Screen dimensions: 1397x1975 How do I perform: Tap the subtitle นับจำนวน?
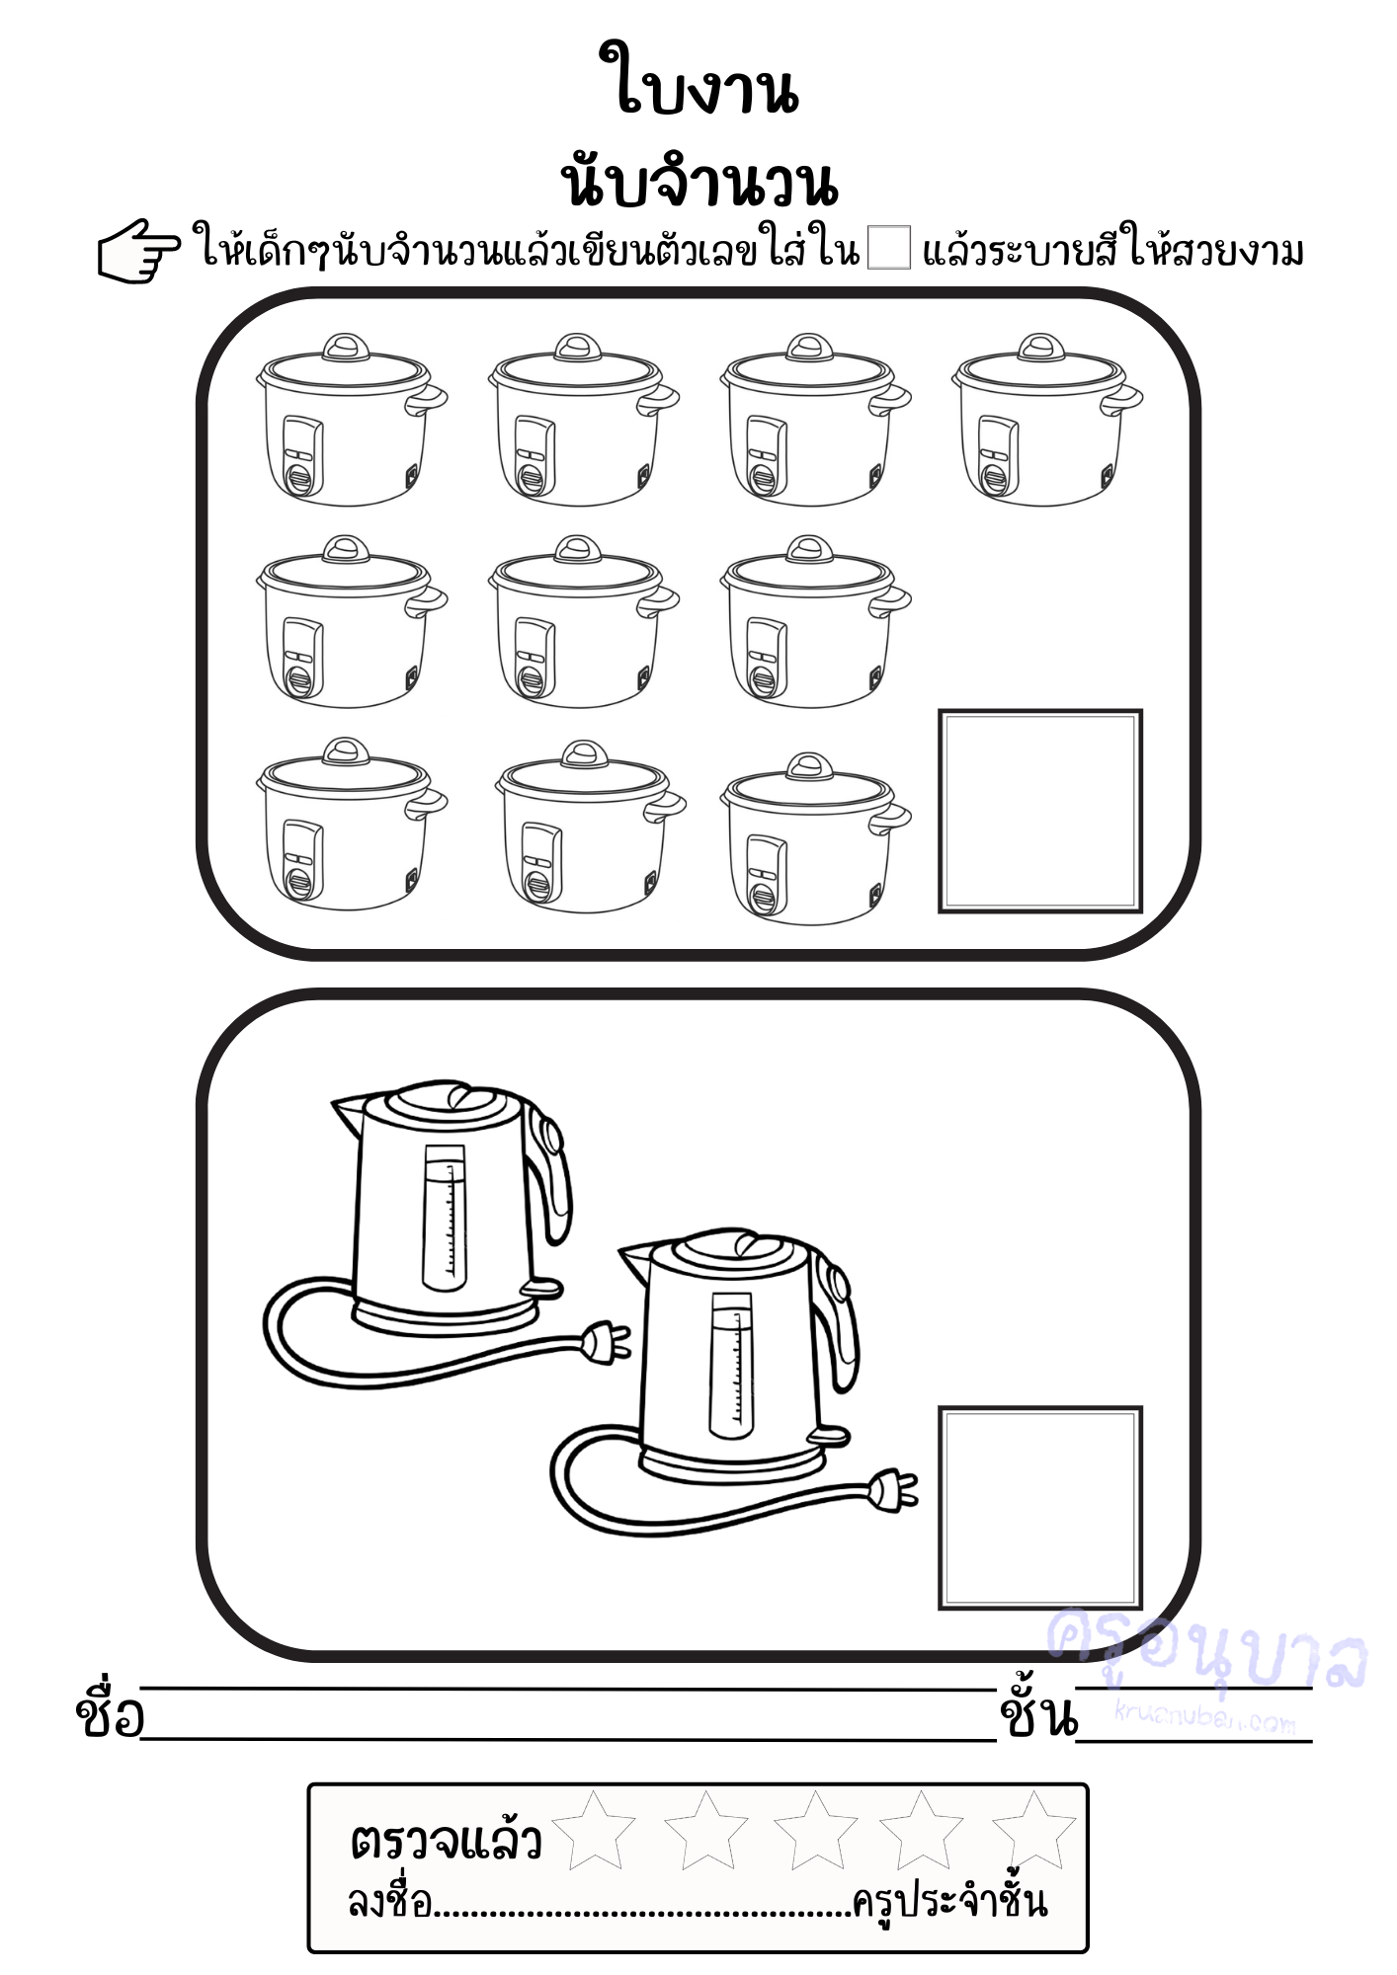pos(698,181)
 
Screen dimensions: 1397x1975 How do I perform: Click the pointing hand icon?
pos(139,252)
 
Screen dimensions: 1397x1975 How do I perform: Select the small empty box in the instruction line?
pos(888,248)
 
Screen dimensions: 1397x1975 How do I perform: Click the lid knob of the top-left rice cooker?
pos(346,347)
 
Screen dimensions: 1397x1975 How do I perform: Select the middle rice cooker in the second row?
pos(583,621)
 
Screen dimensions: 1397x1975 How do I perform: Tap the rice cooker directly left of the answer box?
pos(815,838)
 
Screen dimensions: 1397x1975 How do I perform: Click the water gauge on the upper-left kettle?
pos(445,1217)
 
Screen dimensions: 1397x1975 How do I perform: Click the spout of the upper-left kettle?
pos(349,1113)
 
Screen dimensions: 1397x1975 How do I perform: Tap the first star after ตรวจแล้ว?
pos(593,1830)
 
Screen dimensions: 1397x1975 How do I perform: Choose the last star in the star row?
pos(1033,1830)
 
